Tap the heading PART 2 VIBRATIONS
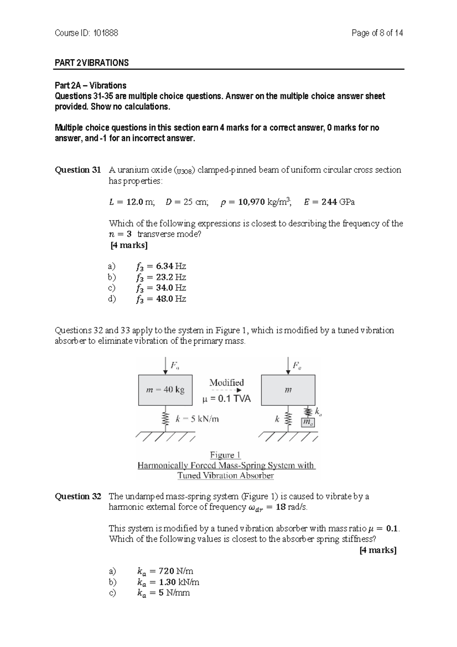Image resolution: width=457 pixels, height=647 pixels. point(92,63)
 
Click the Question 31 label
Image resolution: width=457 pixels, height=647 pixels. point(78,170)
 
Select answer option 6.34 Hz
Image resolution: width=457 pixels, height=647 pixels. point(161,266)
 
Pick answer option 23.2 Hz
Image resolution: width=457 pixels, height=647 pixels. point(161,277)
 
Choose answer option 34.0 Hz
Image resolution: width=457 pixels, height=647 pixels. point(161,288)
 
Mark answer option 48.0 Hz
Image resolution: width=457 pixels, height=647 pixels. point(161,299)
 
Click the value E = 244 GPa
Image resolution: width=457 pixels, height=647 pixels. point(329,202)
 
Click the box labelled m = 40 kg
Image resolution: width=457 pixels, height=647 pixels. point(165,390)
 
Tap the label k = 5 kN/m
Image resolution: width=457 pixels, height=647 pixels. point(197,419)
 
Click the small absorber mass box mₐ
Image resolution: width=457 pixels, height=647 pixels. point(308,422)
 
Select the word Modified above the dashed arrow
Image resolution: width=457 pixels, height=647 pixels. point(227,382)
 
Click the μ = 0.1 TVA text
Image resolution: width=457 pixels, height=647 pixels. point(226,399)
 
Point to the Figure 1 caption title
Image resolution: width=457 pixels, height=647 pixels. point(225,455)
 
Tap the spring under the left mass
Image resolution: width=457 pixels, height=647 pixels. point(165,419)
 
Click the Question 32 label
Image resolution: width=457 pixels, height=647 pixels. point(78,496)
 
